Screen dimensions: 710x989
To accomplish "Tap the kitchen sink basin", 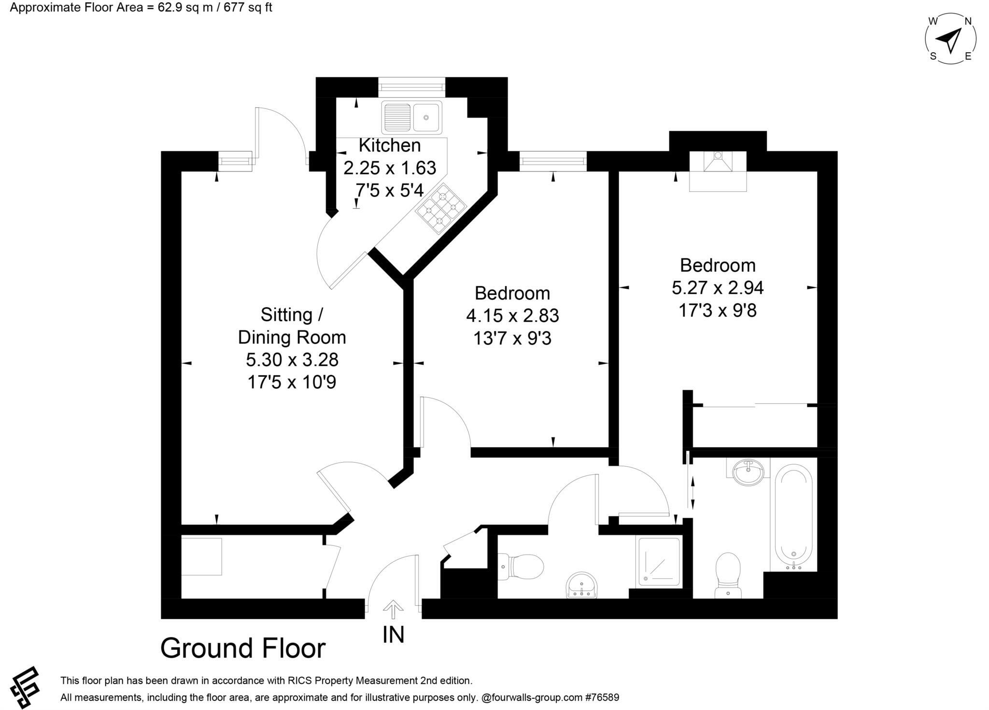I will pyautogui.click(x=426, y=117).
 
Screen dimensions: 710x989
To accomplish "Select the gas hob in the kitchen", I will pyautogui.click(x=441, y=209).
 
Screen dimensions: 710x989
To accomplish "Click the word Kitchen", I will pyautogui.click(x=389, y=145).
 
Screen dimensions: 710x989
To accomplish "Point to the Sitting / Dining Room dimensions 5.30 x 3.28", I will pyautogui.click(x=292, y=360).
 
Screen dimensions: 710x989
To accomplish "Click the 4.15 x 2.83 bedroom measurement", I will pyautogui.click(x=512, y=316).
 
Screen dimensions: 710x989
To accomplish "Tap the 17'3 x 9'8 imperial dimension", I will pyautogui.click(x=717, y=310).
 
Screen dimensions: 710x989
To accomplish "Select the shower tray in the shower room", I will pyautogui.click(x=659, y=562).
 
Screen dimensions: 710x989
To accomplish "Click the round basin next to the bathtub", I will pyautogui.click(x=748, y=471).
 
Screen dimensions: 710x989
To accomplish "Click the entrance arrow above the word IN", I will pyautogui.click(x=393, y=609).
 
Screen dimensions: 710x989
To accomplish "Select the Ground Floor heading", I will pyautogui.click(x=243, y=648).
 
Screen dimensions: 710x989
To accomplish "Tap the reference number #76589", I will pyautogui.click(x=602, y=697).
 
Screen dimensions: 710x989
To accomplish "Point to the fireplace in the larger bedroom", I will pyautogui.click(x=718, y=170).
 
